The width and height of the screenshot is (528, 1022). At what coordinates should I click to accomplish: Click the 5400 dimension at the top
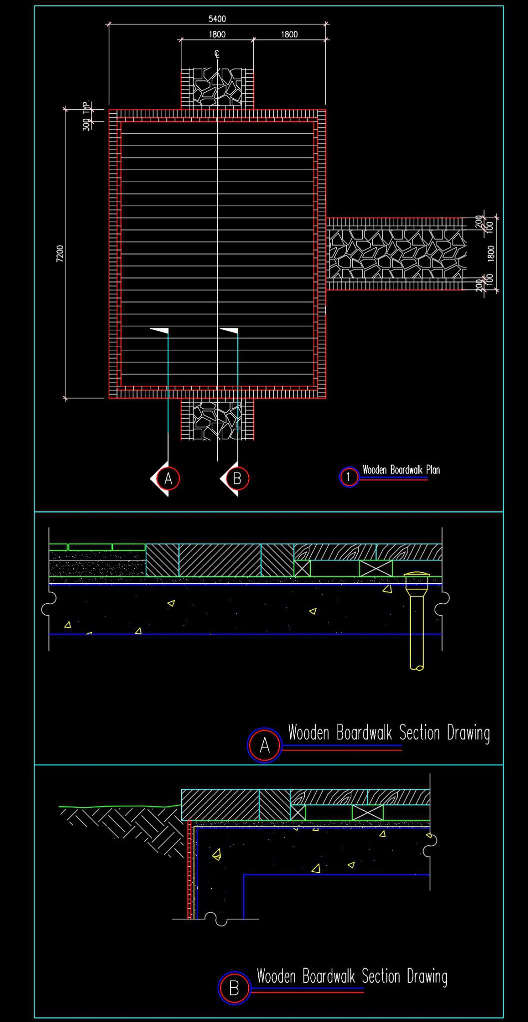point(217,19)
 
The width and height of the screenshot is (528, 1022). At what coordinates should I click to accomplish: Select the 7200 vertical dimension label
point(60,254)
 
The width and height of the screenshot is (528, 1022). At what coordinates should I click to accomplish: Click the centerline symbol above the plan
point(217,54)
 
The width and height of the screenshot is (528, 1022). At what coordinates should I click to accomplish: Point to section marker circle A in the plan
point(168,479)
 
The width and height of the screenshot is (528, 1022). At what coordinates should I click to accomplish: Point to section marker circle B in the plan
point(237,479)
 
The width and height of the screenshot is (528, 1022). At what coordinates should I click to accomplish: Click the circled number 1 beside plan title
point(349,477)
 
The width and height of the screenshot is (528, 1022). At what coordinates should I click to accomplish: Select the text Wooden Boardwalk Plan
point(401,470)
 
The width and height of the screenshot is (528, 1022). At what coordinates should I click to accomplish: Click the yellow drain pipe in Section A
point(417,624)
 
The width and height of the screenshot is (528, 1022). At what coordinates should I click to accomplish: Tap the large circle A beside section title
point(265,745)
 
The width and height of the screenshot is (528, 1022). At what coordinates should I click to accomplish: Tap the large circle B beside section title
point(234,988)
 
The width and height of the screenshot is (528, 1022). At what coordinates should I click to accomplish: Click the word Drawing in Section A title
point(468,733)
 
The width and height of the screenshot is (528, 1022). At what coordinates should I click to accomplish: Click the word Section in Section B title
point(381,976)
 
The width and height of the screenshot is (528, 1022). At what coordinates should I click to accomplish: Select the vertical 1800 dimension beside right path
point(491,254)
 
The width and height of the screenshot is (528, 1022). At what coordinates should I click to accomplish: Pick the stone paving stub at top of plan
point(217,90)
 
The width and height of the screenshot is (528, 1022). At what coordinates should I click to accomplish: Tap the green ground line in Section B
point(120,806)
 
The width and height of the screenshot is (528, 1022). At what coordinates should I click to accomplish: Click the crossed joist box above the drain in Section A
point(376,568)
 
